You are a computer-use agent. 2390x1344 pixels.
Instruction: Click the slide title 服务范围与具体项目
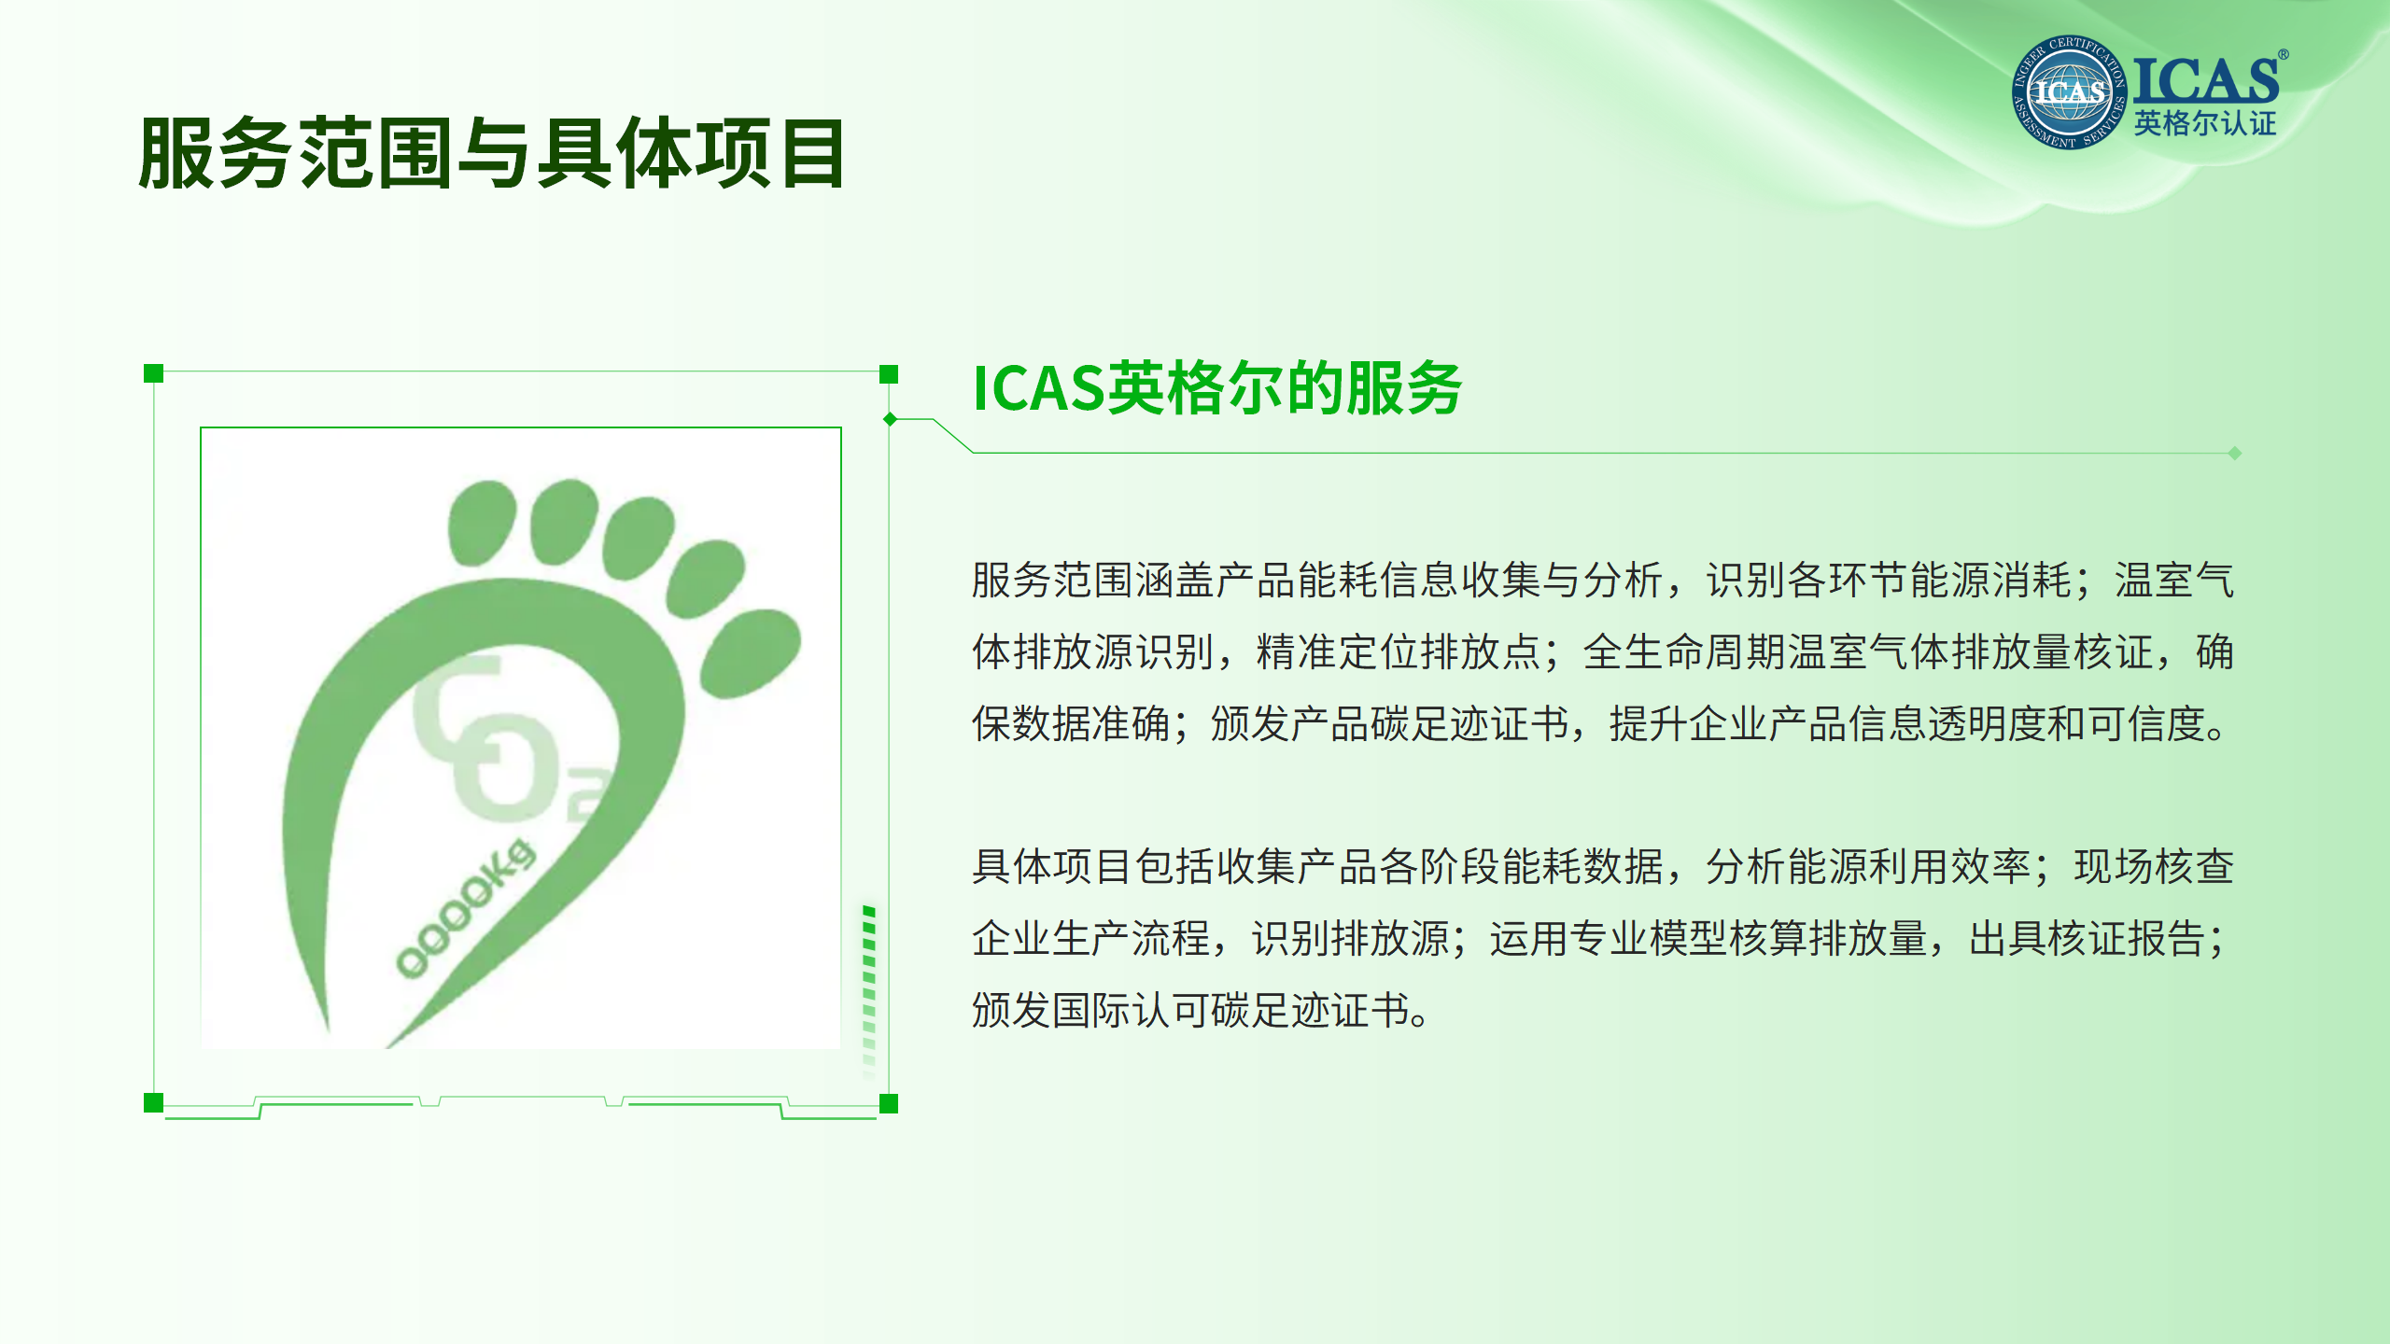coord(492,153)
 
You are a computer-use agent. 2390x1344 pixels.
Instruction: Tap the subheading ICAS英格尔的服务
coord(1216,388)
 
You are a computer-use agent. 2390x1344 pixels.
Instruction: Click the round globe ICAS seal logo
coord(2070,92)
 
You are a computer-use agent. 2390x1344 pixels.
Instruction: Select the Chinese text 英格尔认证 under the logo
coord(2205,123)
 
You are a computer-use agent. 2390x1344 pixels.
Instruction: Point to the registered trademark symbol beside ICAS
coord(2283,55)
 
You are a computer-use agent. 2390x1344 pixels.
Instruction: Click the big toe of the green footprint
coord(482,523)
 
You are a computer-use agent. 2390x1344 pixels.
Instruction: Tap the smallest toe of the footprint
coord(750,652)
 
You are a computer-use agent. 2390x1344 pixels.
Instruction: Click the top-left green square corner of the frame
coord(154,373)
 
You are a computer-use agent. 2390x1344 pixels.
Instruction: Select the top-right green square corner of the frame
coord(889,374)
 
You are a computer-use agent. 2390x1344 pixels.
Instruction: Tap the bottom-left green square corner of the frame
coord(154,1103)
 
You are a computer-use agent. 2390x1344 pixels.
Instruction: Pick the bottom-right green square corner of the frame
coord(889,1104)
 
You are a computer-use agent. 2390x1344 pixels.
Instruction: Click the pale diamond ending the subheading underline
coord(2235,454)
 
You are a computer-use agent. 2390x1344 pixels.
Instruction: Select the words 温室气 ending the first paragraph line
coord(2174,580)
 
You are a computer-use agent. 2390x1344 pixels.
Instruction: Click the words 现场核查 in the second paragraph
coord(2154,866)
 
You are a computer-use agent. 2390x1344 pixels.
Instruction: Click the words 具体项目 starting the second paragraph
coord(1052,866)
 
